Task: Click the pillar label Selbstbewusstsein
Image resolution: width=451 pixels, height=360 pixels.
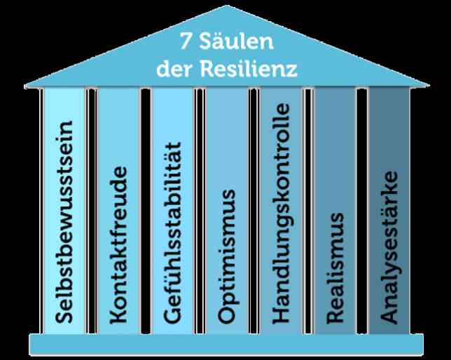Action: tap(63, 222)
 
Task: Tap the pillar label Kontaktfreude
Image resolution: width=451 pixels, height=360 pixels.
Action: tap(118, 245)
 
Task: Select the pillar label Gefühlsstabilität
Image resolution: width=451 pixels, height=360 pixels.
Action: tap(172, 233)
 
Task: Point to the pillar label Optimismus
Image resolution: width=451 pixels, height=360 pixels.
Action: tap(227, 256)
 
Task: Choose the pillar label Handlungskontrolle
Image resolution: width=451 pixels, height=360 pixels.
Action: tap(282, 213)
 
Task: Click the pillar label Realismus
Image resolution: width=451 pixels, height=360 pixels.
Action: tap(335, 268)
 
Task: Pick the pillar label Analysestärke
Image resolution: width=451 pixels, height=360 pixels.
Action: tap(390, 247)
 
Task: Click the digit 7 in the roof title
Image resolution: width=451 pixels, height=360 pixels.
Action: tap(186, 41)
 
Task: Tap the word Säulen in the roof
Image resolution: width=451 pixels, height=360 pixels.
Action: tap(236, 41)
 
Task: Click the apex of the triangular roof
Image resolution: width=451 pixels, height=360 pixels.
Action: tap(226, 6)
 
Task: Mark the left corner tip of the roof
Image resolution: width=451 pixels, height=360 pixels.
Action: tap(25, 85)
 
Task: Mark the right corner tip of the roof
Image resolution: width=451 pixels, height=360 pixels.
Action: tap(429, 85)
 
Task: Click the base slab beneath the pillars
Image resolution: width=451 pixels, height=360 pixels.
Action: tap(226, 345)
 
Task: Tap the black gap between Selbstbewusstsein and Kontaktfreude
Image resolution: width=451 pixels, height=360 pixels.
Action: tap(92, 211)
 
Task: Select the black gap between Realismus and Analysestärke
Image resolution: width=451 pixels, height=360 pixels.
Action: tap(362, 211)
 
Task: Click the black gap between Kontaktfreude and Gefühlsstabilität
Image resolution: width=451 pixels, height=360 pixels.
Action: tap(146, 211)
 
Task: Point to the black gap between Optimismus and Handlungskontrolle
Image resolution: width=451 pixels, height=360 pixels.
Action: tap(254, 211)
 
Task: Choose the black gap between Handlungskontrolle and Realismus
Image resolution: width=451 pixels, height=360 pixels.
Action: tap(308, 211)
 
